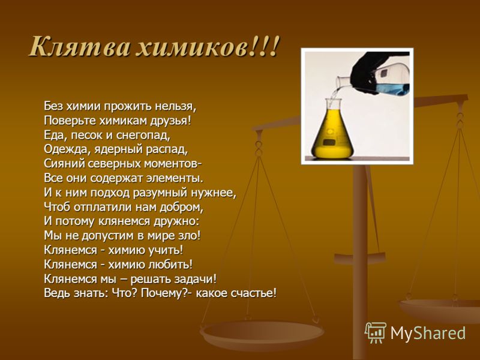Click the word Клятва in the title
80,46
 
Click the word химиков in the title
191,47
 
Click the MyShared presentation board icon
376,332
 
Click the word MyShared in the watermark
428,333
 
